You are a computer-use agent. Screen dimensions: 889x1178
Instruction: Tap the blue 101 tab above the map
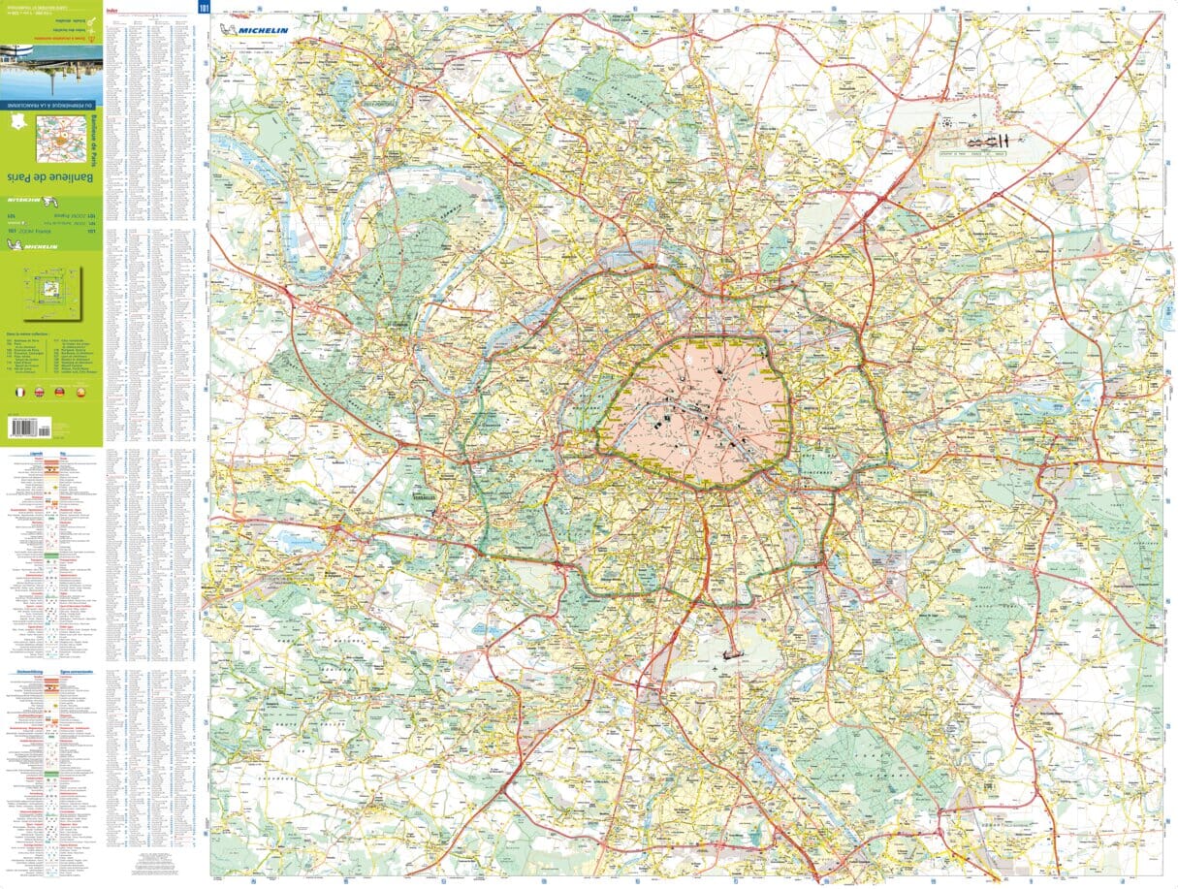point(204,8)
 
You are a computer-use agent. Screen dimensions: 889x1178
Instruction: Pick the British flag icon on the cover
point(40,393)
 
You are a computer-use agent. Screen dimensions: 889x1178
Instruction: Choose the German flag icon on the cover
point(59,393)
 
